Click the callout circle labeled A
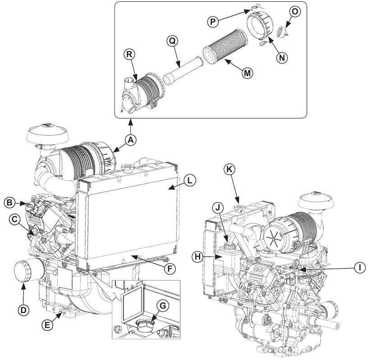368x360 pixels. click(x=130, y=140)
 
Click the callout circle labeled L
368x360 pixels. click(x=189, y=180)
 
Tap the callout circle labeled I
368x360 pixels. click(x=359, y=267)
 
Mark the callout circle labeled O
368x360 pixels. click(x=294, y=12)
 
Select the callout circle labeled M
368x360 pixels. click(x=246, y=73)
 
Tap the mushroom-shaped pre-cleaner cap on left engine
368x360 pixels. click(x=45, y=133)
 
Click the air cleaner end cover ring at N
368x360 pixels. click(x=259, y=27)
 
